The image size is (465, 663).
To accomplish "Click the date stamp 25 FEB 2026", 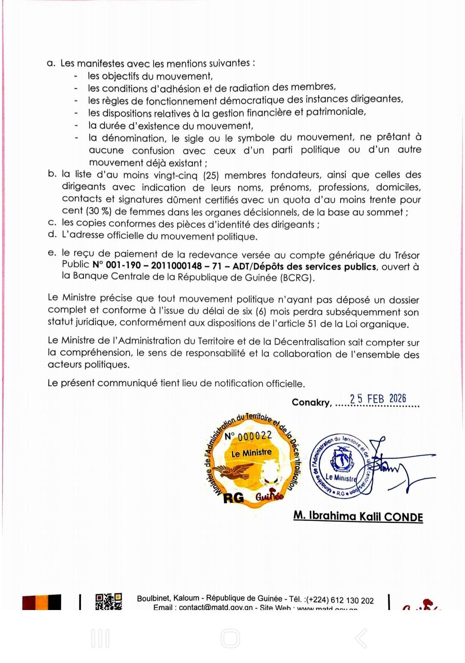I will pos(378,399).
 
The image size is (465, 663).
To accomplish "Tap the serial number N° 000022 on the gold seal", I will pos(248,436).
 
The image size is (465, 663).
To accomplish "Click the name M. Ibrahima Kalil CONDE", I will pos(358,516).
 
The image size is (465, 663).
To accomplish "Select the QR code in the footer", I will pos(108,601).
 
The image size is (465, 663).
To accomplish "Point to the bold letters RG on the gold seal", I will pos(233,498).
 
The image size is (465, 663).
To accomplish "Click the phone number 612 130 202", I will pos(352,601).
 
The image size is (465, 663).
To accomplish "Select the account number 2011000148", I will pos(177,266).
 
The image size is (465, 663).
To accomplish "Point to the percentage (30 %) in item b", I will pos(99,211).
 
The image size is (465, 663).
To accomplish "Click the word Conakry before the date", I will pos(311,402).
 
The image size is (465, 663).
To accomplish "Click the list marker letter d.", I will pos(52,234).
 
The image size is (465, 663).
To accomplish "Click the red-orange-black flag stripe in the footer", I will pos(42,602).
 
